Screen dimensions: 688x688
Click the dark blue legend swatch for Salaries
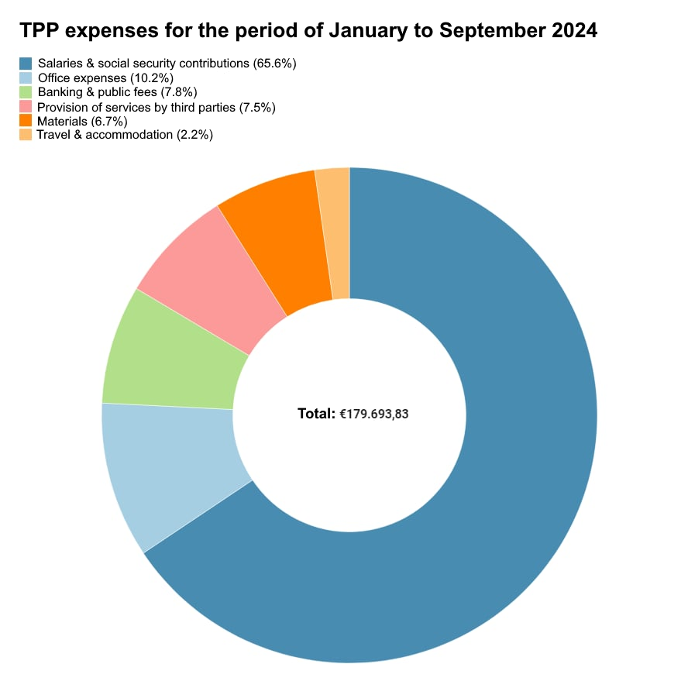[x=26, y=64]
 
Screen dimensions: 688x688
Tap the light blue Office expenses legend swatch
[x=26, y=77]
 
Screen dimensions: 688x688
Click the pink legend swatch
[x=26, y=106]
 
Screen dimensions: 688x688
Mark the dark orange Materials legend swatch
[x=26, y=121]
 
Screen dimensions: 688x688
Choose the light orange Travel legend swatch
[x=26, y=135]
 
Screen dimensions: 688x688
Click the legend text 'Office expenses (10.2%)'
[x=105, y=77]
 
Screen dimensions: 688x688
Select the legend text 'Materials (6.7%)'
[x=82, y=121]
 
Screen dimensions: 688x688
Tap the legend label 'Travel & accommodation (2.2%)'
[x=125, y=135]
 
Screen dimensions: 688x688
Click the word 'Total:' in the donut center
[x=316, y=414]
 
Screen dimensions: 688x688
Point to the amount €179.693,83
[x=374, y=414]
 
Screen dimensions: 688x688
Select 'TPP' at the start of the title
[x=38, y=31]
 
